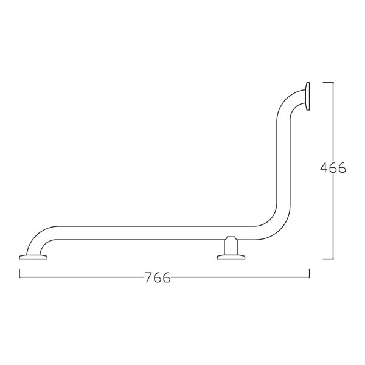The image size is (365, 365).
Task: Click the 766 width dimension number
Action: coord(158,277)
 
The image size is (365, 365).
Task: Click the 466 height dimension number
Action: coord(333,168)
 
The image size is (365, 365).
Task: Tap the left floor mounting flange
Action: coord(33,257)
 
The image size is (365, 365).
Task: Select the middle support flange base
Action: coord(231,257)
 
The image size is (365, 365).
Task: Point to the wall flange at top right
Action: coord(307,96)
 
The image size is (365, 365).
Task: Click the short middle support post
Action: coord(231,247)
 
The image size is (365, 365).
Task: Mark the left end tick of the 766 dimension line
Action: coord(19,273)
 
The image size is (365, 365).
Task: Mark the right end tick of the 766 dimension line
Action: coord(309,273)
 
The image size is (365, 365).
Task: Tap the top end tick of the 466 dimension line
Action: coord(328,82)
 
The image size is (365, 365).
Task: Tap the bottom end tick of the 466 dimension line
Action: coord(328,259)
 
